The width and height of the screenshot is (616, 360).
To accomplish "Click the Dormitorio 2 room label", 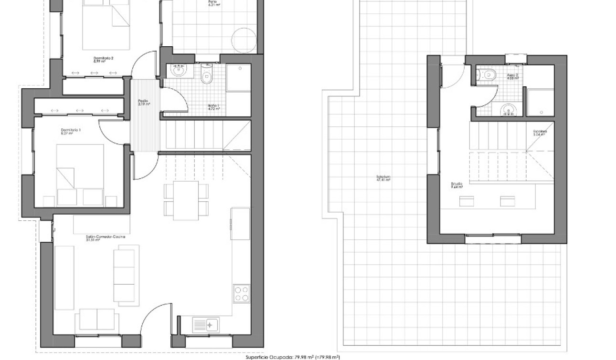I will (x=103, y=60).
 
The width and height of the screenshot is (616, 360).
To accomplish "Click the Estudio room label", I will (x=457, y=185).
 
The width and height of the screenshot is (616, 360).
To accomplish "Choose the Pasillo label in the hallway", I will (x=143, y=102).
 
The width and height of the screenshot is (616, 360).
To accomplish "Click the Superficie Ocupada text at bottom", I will (x=292, y=357).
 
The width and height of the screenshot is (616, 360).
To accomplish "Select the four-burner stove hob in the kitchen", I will (x=242, y=293).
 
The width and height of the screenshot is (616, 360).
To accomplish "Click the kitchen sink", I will (x=206, y=325).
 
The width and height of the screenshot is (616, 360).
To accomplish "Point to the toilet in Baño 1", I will (x=207, y=75).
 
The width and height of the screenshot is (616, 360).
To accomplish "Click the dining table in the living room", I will (x=186, y=200).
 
